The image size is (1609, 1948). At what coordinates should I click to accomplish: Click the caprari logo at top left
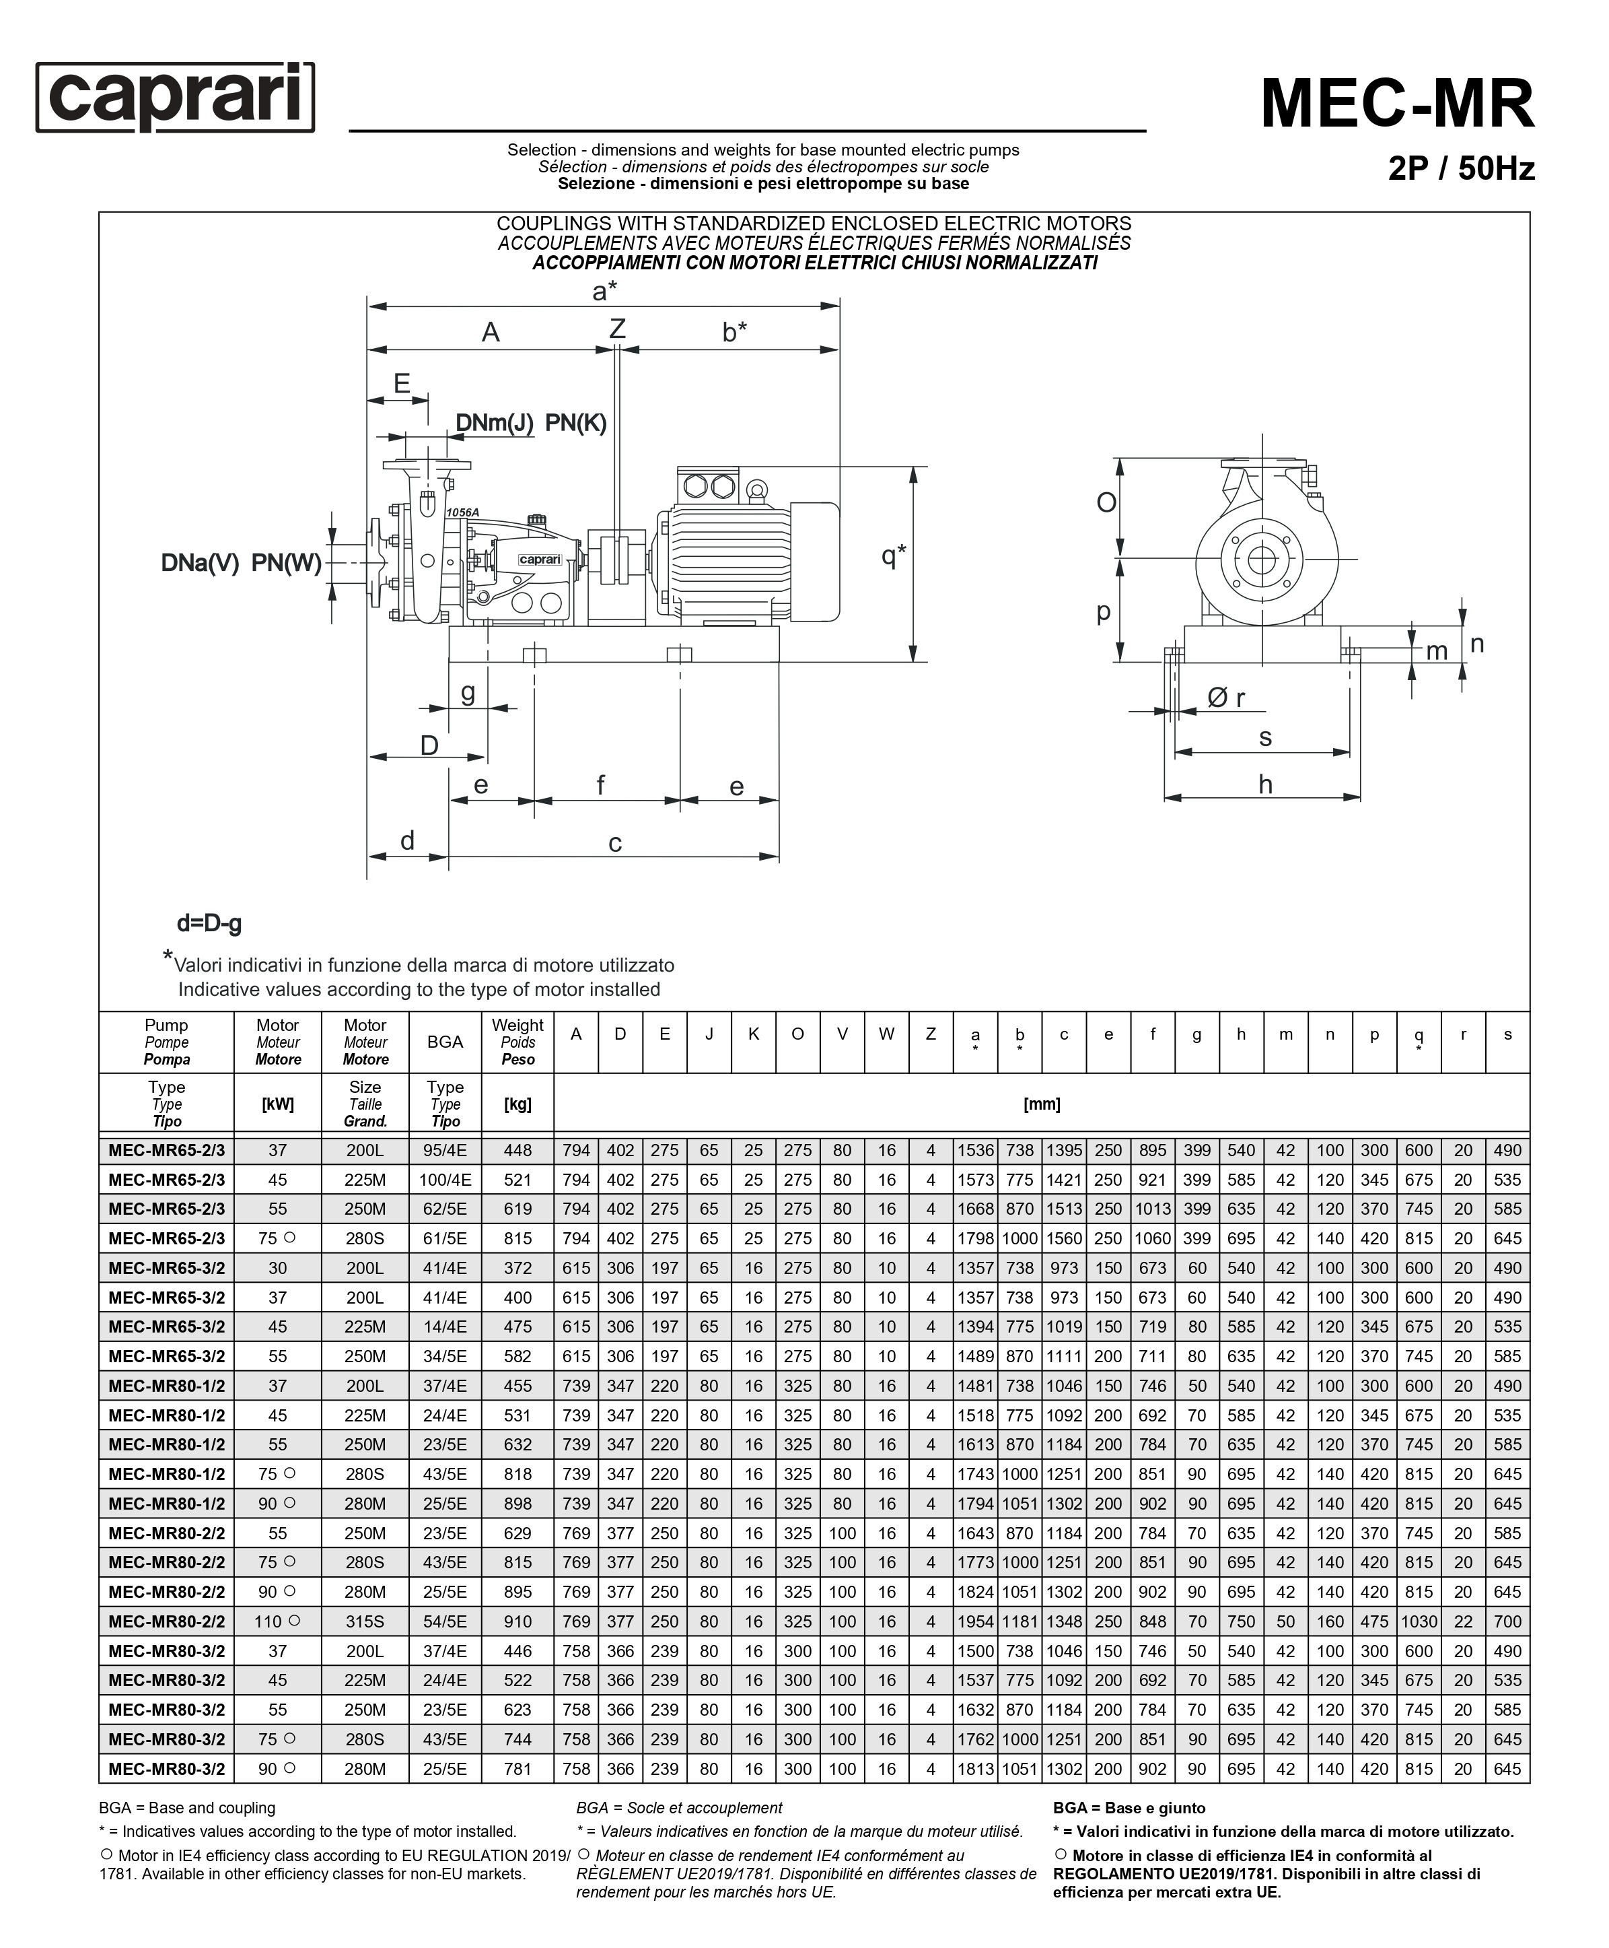[175, 98]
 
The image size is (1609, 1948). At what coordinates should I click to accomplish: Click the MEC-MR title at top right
[1398, 104]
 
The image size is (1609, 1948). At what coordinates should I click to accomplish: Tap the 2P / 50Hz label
[1462, 169]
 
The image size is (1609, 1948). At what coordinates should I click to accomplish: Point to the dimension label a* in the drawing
[604, 291]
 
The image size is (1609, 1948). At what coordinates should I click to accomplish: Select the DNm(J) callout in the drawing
[494, 423]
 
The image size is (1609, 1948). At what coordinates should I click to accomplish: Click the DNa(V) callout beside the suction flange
[200, 563]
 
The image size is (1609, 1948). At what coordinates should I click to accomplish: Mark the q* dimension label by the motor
[894, 556]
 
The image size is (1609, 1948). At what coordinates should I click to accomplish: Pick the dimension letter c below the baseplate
[614, 844]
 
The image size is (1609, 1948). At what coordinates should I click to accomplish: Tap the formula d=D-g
[209, 923]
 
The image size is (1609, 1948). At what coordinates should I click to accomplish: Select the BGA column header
[445, 1041]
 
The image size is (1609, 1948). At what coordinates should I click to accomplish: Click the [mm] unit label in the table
[1042, 1104]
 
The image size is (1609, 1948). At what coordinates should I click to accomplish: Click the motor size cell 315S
[365, 1621]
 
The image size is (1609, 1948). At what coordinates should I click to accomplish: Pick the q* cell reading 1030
[1418, 1621]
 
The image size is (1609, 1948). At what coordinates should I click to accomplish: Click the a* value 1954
[975, 1621]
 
